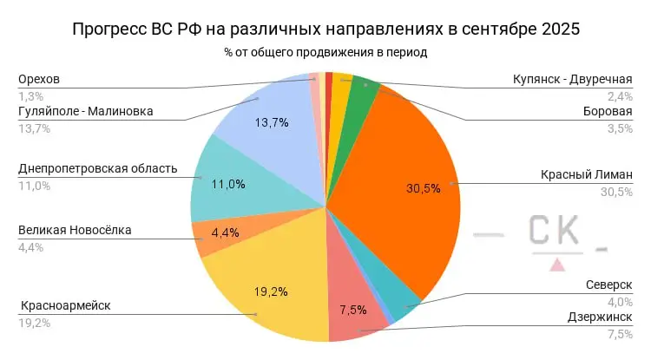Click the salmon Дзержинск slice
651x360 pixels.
click(x=352, y=312)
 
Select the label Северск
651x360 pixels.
click(x=610, y=285)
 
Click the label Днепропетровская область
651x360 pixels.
click(x=97, y=168)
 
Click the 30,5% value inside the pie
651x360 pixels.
click(x=424, y=187)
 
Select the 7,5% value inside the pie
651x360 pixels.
click(x=347, y=310)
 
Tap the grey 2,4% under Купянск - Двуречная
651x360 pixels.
click(x=620, y=96)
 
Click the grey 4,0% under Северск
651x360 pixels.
click(x=620, y=301)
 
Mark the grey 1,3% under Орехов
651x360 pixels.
click(x=30, y=96)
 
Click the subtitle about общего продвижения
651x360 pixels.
click(x=325, y=52)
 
